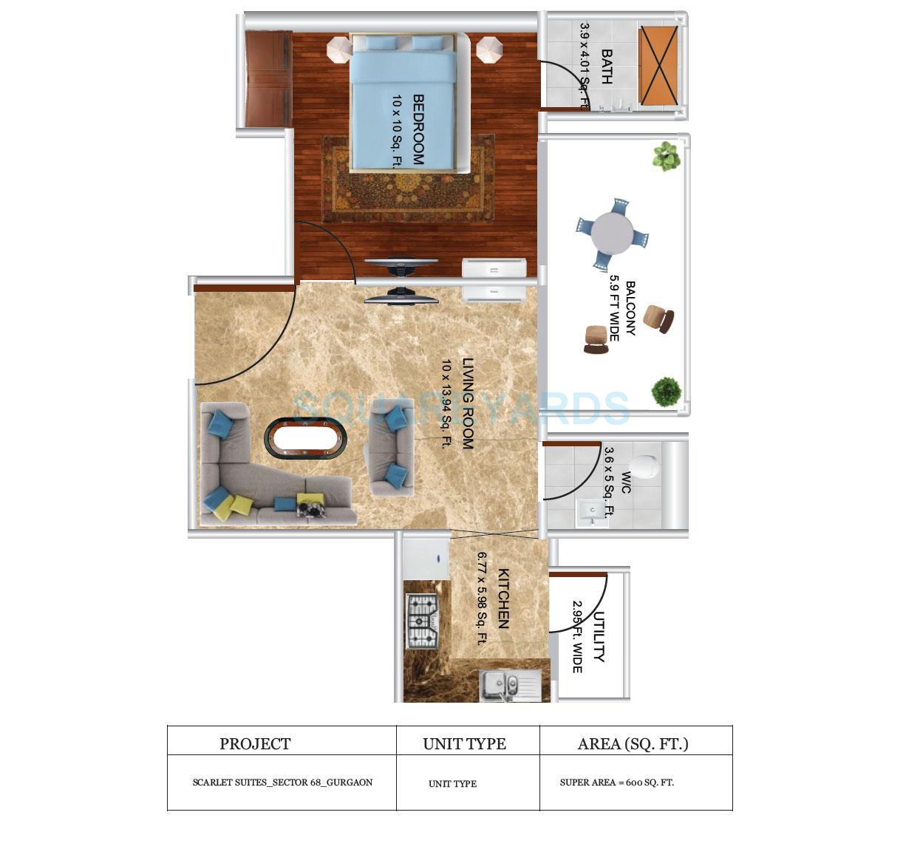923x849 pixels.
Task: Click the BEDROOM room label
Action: coord(418,129)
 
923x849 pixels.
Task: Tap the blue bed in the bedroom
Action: coord(403,103)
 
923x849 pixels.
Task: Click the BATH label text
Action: coord(606,67)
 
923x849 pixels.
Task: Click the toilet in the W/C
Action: coord(644,466)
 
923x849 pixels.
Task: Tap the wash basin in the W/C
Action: coord(590,512)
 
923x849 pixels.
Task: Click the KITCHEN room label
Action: coord(503,598)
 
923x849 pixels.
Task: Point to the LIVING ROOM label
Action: coord(467,403)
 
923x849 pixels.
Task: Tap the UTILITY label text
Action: coord(599,636)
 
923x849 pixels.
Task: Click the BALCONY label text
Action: coord(630,308)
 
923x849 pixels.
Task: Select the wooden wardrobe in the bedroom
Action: coord(268,78)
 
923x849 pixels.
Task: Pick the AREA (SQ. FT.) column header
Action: coord(633,744)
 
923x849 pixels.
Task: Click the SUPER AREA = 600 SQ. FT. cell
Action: coord(616,782)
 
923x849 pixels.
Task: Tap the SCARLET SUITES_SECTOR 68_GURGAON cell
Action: coord(282,782)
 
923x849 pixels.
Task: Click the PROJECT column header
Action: coord(255,744)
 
